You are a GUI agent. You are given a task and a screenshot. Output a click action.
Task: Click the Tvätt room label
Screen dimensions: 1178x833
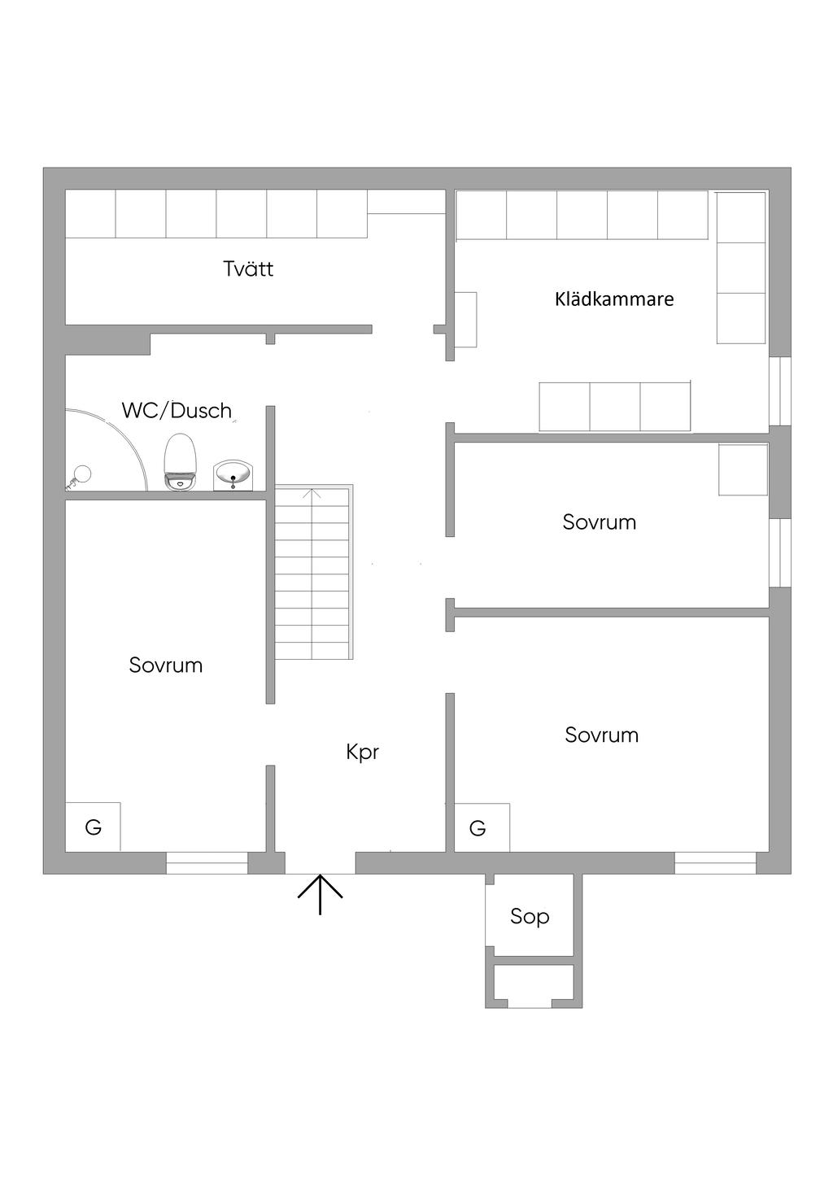[248, 268]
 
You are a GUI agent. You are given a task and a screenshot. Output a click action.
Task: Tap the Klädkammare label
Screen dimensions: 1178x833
[614, 299]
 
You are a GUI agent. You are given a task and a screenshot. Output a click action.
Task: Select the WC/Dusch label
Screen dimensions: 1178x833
[177, 410]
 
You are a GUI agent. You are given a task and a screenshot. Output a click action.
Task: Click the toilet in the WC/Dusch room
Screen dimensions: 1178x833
[181, 461]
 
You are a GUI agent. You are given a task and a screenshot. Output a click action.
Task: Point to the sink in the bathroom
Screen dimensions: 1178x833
[233, 474]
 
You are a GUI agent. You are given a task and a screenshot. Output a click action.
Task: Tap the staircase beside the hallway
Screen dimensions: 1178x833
[313, 573]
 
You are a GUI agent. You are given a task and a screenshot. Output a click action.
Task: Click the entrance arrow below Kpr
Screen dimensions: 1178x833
[320, 893]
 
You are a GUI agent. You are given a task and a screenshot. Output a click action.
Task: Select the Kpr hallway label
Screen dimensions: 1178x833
[363, 752]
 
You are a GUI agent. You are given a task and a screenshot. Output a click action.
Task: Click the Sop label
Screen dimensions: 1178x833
[530, 916]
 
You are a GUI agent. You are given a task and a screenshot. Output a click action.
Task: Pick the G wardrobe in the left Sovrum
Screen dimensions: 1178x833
[93, 827]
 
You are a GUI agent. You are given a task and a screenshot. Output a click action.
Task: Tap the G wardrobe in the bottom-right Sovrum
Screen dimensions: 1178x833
[481, 828]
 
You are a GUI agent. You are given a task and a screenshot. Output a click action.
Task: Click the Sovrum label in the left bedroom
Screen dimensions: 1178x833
[165, 665]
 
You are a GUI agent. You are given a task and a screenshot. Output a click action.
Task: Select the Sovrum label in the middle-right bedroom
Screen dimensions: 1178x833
[599, 521]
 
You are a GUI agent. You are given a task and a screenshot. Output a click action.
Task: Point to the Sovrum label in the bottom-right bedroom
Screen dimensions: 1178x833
[601, 735]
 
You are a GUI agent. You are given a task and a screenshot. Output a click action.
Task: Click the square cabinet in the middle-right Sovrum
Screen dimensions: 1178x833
[743, 469]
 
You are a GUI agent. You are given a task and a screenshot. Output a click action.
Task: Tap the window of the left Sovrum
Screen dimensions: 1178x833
[207, 862]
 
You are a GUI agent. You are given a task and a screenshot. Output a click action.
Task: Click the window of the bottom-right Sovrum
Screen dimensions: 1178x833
[715, 862]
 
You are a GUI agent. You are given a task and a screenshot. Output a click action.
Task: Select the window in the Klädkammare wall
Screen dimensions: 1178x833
[779, 390]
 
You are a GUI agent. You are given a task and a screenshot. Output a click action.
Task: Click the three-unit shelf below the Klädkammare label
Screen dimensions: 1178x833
[615, 406]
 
